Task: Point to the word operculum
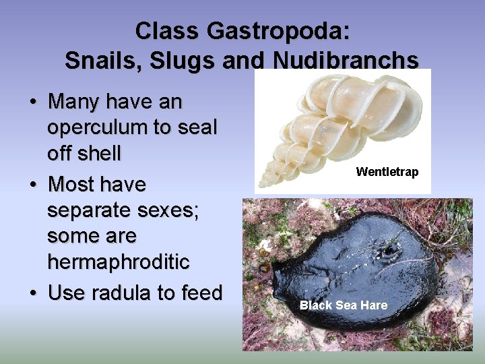pyautogui.click(x=94, y=128)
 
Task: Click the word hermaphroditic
pyautogui.click(x=119, y=262)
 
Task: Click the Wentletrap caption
pyautogui.click(x=387, y=172)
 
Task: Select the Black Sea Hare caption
pyautogui.click(x=344, y=305)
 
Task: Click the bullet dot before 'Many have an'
pyautogui.click(x=32, y=103)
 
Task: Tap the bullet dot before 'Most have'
pyautogui.click(x=32, y=185)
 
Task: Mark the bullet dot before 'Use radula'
pyautogui.click(x=32, y=294)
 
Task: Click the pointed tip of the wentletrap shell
pyautogui.click(x=263, y=184)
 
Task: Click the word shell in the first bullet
pyautogui.click(x=99, y=154)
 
